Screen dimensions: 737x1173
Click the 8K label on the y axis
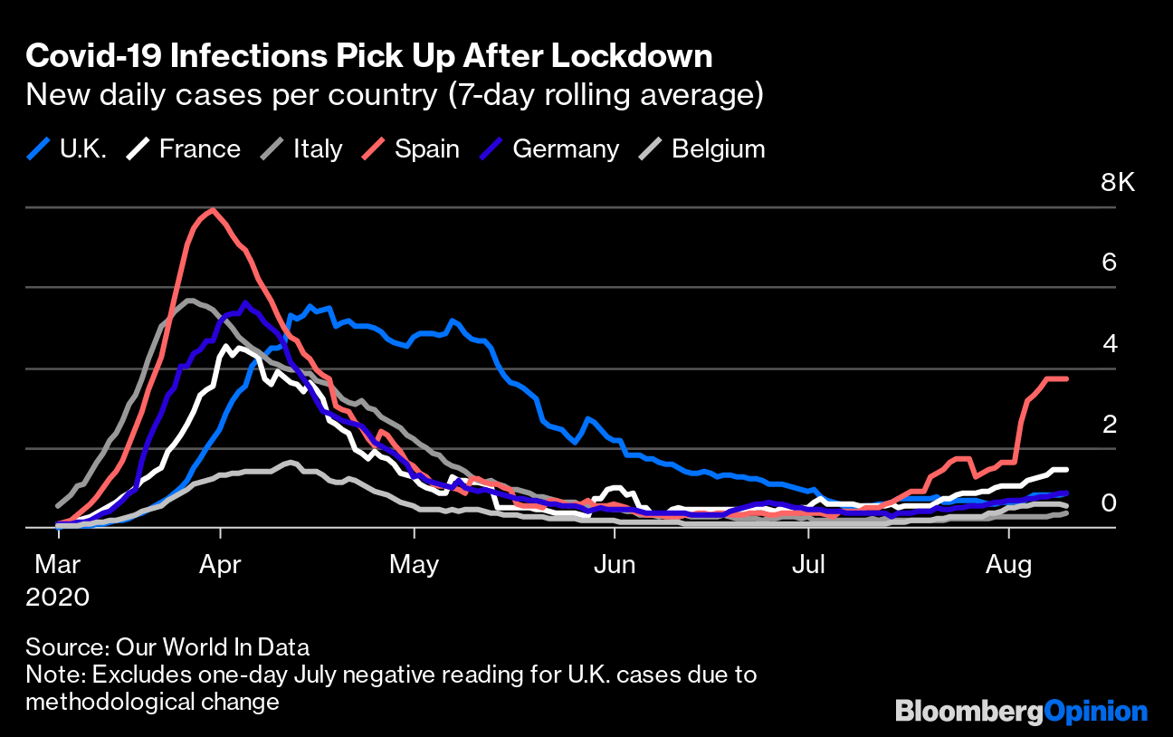[1117, 183]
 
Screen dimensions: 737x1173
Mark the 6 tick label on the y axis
[1109, 263]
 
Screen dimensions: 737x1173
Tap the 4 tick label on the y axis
[1109, 343]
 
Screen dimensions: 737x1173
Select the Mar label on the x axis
[58, 565]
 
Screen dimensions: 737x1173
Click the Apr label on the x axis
[220, 565]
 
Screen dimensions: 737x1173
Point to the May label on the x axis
[414, 565]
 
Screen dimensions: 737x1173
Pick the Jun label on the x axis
[614, 565]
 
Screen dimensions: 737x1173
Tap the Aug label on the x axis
[1008, 565]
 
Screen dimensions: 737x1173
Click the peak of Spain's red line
[213, 210]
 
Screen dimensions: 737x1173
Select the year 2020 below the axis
[58, 598]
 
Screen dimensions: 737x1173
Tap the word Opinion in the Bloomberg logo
[1096, 712]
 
